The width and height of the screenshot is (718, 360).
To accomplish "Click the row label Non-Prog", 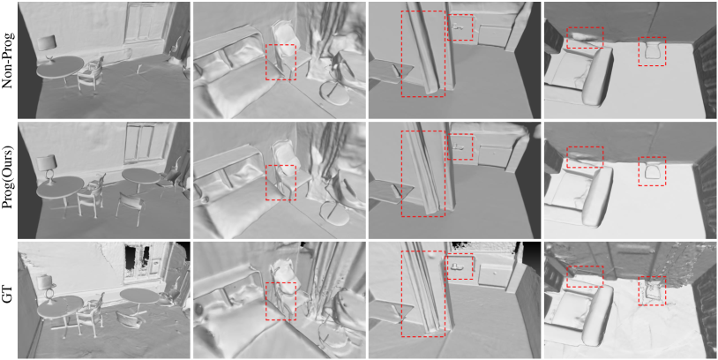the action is pos(7,60).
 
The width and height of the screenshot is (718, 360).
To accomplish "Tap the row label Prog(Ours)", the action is pos(7,180).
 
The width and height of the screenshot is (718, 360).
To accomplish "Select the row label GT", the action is pos(7,300).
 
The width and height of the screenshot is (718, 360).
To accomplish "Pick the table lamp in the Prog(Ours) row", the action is pos(47,169).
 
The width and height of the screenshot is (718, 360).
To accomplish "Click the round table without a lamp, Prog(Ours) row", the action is pos(140,177).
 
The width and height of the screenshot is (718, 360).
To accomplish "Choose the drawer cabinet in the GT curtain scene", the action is pos(495,276).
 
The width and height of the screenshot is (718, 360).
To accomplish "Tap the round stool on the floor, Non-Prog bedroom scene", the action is pos(333,94).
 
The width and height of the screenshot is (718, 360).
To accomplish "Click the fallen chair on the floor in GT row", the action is pos(129,319).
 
